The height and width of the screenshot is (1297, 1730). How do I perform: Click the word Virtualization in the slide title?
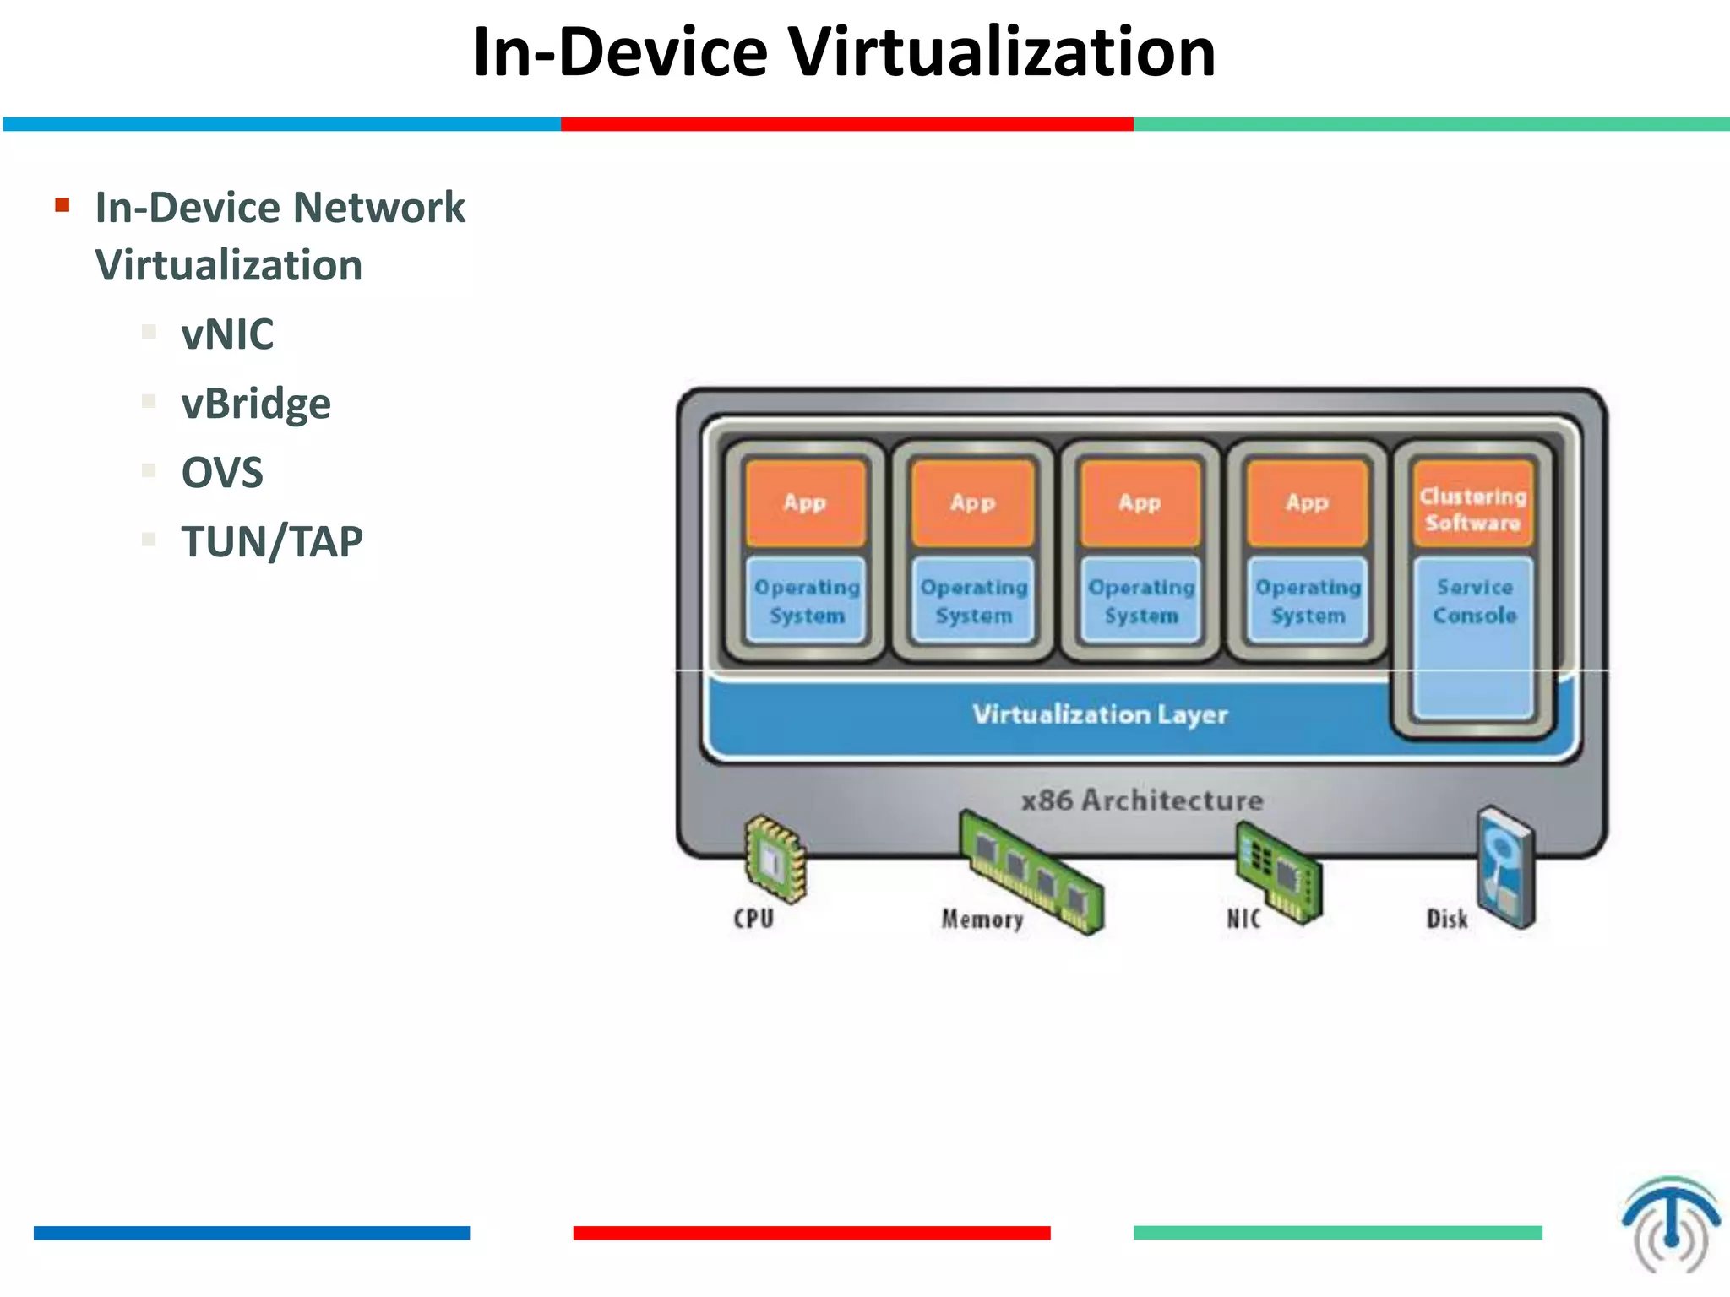1002,52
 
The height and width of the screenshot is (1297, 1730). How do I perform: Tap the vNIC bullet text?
227,334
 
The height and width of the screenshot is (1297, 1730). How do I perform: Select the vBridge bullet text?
256,404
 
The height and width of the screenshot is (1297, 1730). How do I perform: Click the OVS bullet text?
222,472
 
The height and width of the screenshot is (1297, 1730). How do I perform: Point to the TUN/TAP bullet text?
272,541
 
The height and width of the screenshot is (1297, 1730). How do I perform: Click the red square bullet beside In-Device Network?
62,205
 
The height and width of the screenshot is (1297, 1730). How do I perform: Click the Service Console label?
1474,601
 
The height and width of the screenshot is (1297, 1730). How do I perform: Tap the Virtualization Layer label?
1099,714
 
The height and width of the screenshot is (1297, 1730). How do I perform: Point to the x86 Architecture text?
1141,800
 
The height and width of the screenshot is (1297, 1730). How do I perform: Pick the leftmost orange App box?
805,503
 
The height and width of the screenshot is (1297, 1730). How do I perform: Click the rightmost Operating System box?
1308,600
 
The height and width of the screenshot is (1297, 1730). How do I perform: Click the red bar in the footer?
811,1233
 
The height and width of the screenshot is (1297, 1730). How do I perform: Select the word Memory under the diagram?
982,919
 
